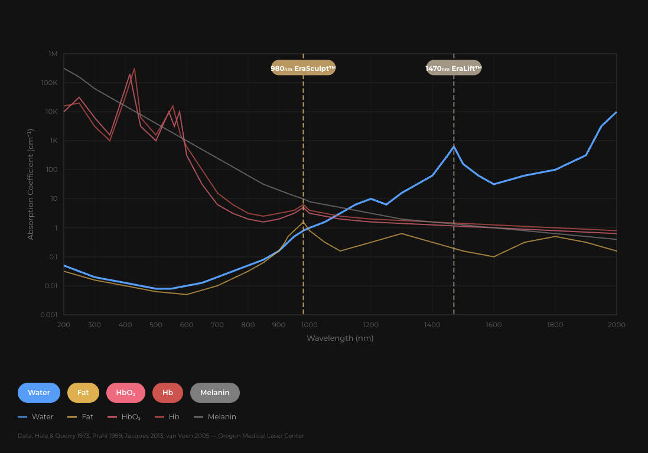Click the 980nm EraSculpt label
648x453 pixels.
303,68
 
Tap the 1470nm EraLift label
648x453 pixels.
454,68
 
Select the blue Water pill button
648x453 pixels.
39,393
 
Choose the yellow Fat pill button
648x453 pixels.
83,393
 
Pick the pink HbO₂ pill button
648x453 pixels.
126,393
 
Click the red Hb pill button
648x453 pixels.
168,393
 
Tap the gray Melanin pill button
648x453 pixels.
215,393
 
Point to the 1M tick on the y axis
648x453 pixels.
53,54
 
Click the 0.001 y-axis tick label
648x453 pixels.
48,315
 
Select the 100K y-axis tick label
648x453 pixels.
49,83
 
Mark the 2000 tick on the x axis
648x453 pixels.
617,325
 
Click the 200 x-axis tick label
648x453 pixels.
64,325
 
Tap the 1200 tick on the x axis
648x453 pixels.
371,325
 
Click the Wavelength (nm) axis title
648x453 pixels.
340,338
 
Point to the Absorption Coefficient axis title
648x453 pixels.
31,184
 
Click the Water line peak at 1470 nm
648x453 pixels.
454,146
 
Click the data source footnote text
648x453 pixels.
161,436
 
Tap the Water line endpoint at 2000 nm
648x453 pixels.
616,112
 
